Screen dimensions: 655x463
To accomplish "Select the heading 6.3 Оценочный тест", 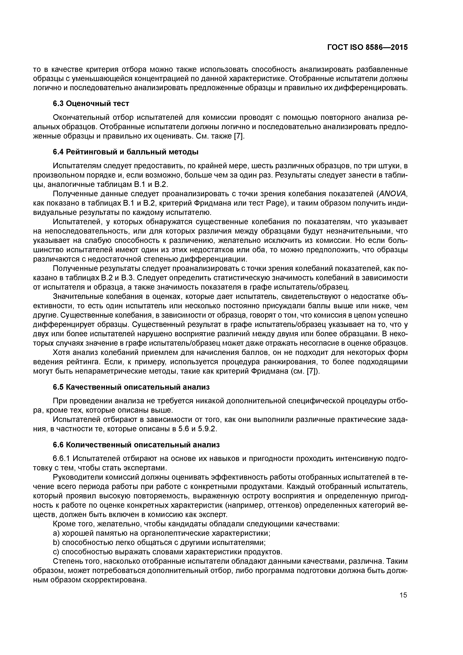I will click(x=91, y=104).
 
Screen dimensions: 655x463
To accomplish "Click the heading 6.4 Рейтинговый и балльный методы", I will click(x=125, y=152).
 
